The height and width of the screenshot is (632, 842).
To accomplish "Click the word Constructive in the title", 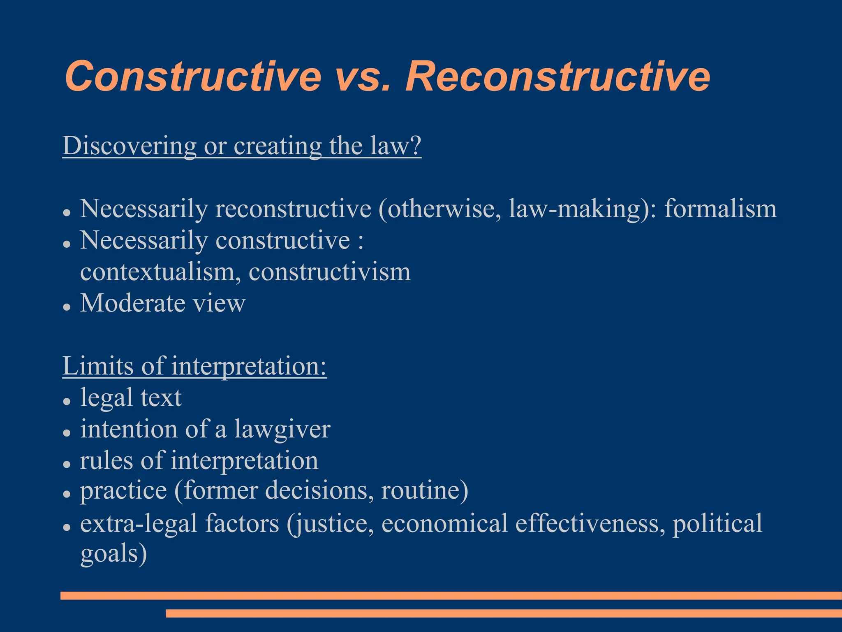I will pyautogui.click(x=192, y=77).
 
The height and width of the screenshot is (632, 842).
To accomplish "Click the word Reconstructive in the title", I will pyautogui.click(x=557, y=77).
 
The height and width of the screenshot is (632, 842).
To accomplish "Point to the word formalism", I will pyautogui.click(x=720, y=209).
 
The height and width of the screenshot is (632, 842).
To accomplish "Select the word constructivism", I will pyautogui.click(x=329, y=272).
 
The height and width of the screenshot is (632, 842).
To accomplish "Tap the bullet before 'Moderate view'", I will pyautogui.click(x=67, y=307).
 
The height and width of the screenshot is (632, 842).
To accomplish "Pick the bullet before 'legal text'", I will pyautogui.click(x=67, y=401).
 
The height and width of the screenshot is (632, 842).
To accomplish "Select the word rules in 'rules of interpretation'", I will pyautogui.click(x=106, y=460).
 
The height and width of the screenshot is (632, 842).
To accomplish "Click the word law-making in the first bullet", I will pyautogui.click(x=574, y=209).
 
